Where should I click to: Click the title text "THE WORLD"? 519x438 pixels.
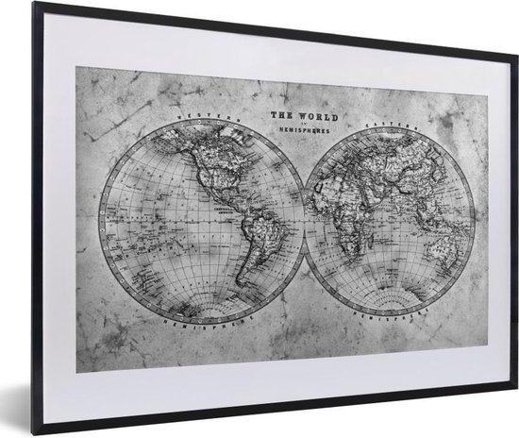[x=297, y=116]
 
